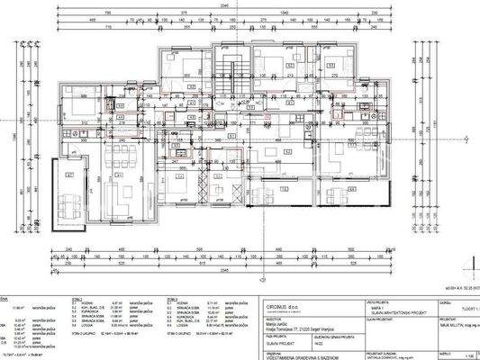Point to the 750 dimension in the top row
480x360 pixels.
click(x=107, y=12)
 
